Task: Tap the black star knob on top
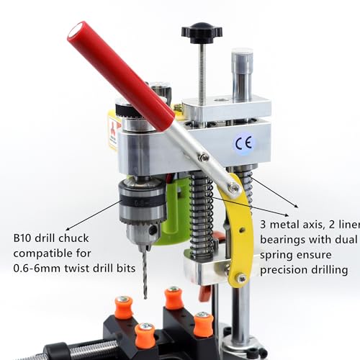(x=202, y=32)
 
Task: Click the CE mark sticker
(x=242, y=143)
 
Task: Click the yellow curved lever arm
(x=241, y=230)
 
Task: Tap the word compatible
(x=43, y=253)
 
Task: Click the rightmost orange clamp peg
(x=204, y=324)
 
